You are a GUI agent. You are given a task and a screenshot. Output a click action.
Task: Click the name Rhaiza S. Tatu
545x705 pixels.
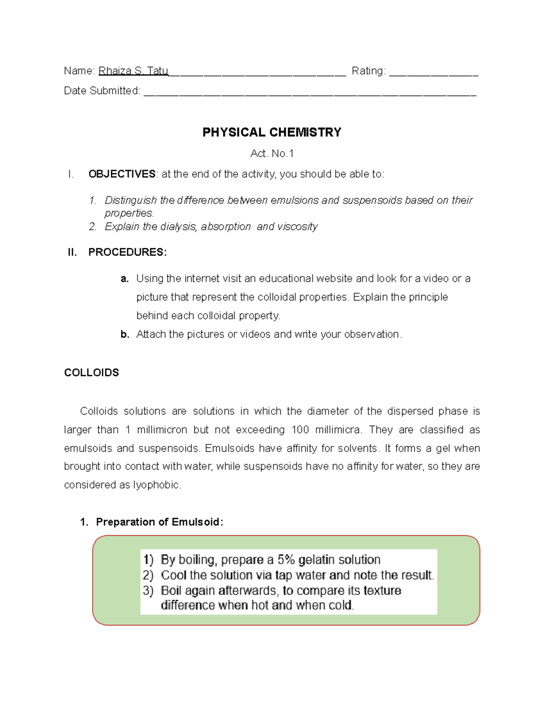coord(133,71)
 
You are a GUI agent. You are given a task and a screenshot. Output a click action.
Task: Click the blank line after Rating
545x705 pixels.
coord(433,73)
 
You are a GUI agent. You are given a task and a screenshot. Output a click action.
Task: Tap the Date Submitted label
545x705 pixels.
coord(102,91)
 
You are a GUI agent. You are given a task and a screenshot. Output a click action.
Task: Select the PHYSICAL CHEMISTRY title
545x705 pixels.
coord(272,132)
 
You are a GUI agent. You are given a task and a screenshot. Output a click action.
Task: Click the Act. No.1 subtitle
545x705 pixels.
coord(272,154)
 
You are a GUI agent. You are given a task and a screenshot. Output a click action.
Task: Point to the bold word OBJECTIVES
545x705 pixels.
coord(122,174)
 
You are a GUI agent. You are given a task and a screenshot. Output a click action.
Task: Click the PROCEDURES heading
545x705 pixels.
coord(127,252)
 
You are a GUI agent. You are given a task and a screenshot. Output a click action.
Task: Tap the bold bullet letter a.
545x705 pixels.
coord(124,279)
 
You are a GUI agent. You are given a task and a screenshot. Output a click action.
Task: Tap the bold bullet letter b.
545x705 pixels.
coord(124,335)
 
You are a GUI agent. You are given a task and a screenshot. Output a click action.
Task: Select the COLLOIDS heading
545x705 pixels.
coord(91,373)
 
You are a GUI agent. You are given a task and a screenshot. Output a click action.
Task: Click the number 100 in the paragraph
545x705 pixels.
coord(300,430)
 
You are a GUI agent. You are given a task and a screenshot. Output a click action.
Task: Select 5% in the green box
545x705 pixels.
coord(286,560)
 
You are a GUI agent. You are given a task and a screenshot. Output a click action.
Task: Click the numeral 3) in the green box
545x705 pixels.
coord(148,591)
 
